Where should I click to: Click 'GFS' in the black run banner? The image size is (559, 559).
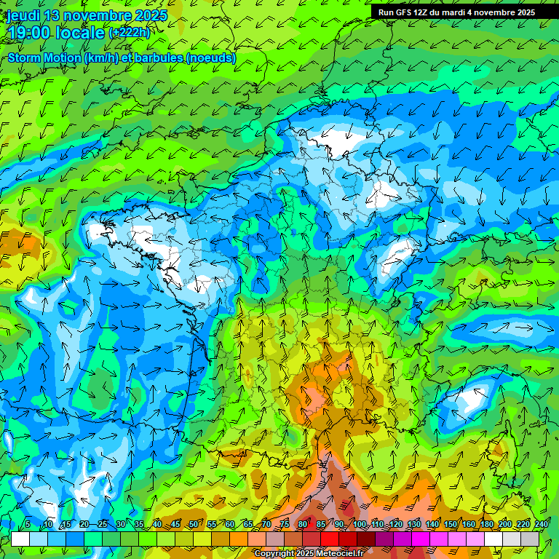(x=407, y=12)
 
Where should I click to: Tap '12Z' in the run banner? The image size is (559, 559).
(x=427, y=12)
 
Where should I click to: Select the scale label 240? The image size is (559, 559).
(x=542, y=524)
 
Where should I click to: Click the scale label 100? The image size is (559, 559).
(x=360, y=524)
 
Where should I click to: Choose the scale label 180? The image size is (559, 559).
(x=486, y=524)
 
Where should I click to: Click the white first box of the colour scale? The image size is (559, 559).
(x=20, y=539)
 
